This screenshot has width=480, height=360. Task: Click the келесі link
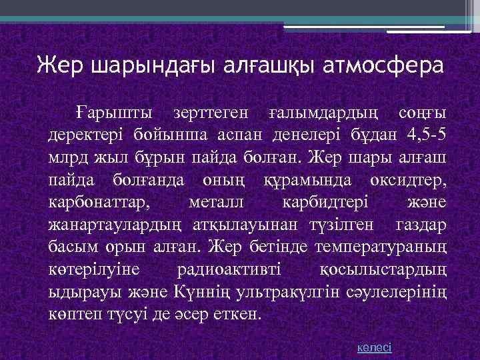[x=374, y=347]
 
